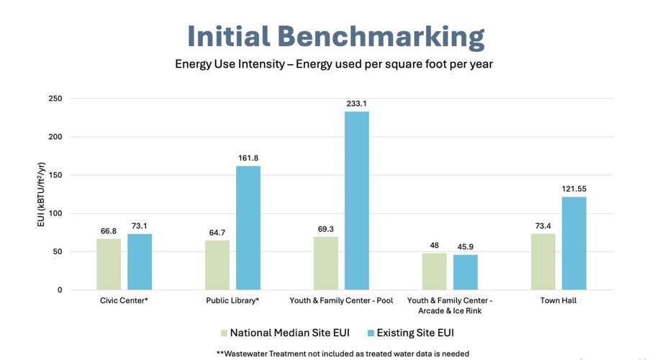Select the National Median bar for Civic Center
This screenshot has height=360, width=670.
click(x=109, y=264)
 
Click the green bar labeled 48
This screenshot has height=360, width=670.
click(x=434, y=271)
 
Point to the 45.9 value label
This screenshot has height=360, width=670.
click(x=465, y=247)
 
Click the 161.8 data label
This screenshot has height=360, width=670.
click(x=248, y=158)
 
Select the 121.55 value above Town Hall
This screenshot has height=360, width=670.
click(x=574, y=189)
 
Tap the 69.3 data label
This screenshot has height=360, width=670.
click(x=326, y=228)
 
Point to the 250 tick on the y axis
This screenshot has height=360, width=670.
click(x=55, y=99)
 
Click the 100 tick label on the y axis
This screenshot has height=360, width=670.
click(x=55, y=213)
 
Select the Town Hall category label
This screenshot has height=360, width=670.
click(x=558, y=300)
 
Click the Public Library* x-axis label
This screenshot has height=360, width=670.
click(x=232, y=300)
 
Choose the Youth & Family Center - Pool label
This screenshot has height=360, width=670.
click(x=341, y=300)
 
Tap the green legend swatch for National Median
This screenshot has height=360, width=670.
click(x=223, y=333)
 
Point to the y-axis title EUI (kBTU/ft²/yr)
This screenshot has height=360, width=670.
click(x=40, y=194)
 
